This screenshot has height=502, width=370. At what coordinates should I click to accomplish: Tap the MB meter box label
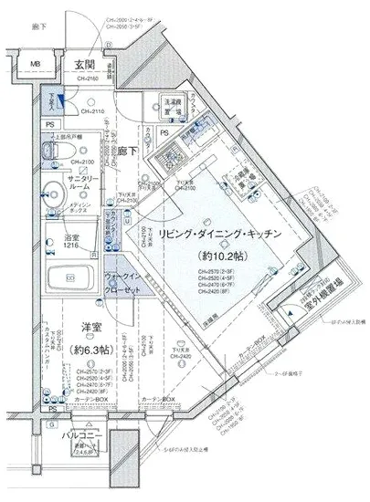click(36, 65)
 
